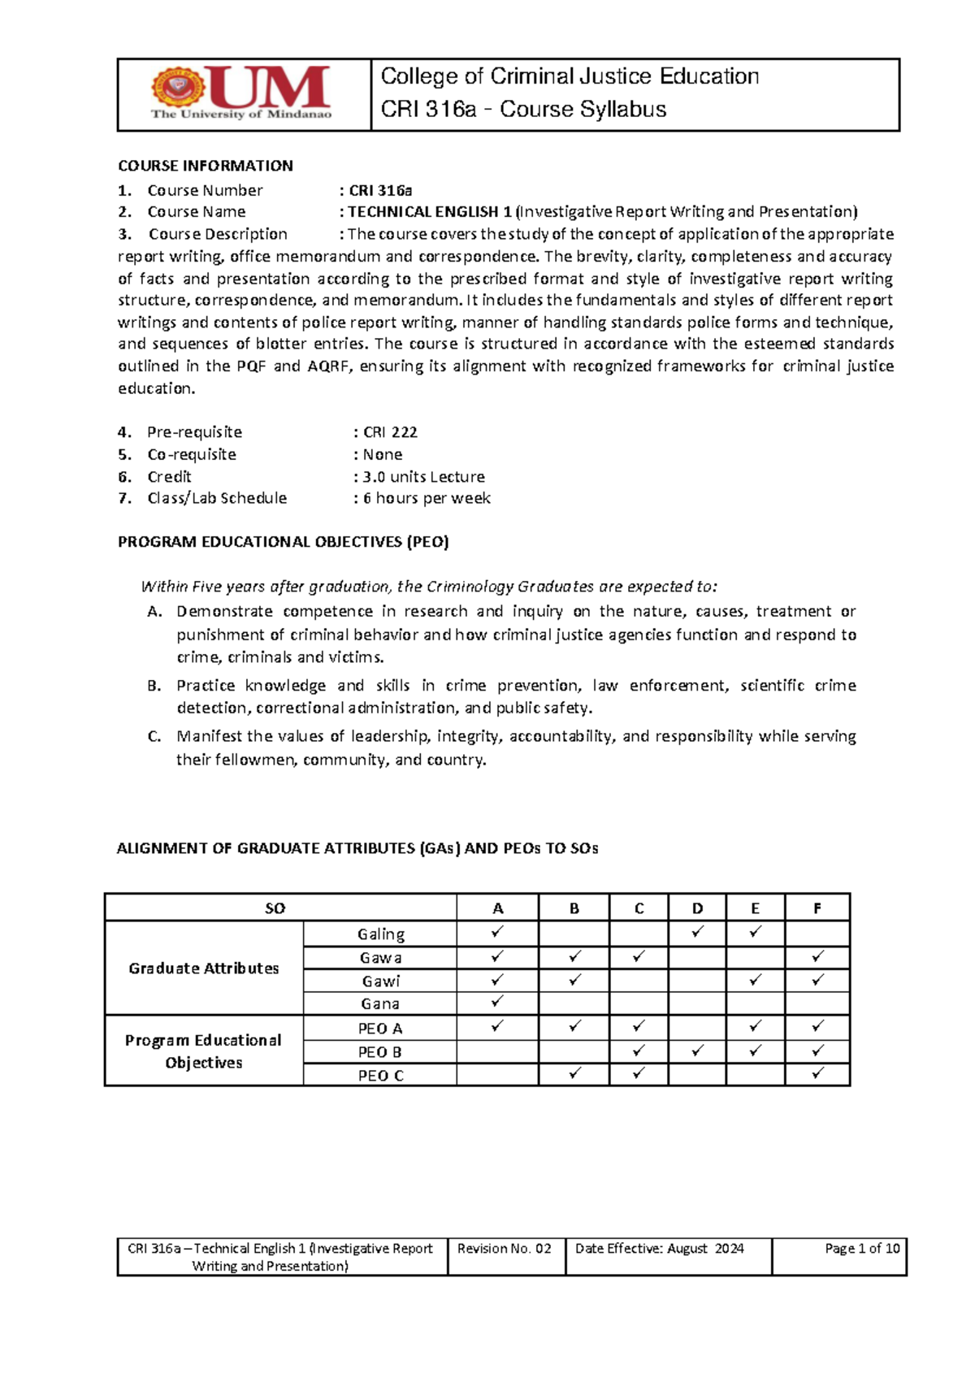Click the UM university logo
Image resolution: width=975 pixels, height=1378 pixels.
click(241, 93)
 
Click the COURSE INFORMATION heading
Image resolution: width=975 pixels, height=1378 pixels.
click(205, 166)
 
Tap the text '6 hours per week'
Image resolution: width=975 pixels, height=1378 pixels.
click(427, 498)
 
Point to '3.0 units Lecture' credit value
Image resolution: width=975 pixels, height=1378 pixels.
click(423, 477)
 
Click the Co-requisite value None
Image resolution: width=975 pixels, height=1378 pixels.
click(382, 455)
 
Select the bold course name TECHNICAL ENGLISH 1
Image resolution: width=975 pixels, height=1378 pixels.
click(430, 212)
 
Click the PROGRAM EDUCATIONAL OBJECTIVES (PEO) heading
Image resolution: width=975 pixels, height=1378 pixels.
click(283, 542)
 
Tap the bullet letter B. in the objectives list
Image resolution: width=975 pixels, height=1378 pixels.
click(154, 686)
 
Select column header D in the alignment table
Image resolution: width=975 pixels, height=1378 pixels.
click(697, 908)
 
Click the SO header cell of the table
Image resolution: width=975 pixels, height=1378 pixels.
click(275, 908)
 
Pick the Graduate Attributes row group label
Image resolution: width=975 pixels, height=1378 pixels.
click(203, 968)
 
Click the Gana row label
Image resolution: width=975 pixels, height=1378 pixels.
click(380, 1004)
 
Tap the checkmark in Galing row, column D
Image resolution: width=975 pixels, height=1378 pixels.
click(697, 932)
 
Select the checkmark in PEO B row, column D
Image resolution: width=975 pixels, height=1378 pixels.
click(697, 1051)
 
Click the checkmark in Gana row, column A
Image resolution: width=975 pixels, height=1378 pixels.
click(497, 1001)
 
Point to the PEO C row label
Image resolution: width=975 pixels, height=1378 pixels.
click(380, 1076)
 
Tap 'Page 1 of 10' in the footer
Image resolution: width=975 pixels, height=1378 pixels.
click(861, 1249)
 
